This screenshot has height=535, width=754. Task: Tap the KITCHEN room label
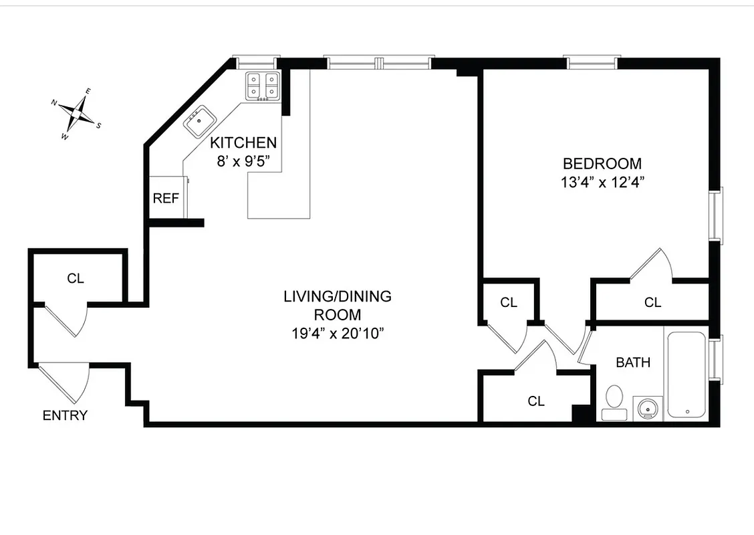pyautogui.click(x=243, y=142)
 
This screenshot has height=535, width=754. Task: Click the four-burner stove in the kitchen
pyautogui.click(x=261, y=86)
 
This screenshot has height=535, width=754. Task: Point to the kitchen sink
pyautogui.click(x=199, y=121)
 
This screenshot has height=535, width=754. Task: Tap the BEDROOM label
pyautogui.click(x=602, y=163)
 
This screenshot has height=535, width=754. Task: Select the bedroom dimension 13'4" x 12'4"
pyautogui.click(x=602, y=182)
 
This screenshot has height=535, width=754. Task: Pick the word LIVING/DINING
pyautogui.click(x=338, y=296)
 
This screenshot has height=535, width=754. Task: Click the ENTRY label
pyautogui.click(x=65, y=415)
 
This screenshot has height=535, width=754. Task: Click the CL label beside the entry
pyautogui.click(x=76, y=278)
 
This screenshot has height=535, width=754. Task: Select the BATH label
pyautogui.click(x=633, y=362)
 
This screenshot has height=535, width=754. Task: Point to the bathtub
pyautogui.click(x=686, y=374)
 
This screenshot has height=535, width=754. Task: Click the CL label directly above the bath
pyautogui.click(x=652, y=302)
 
